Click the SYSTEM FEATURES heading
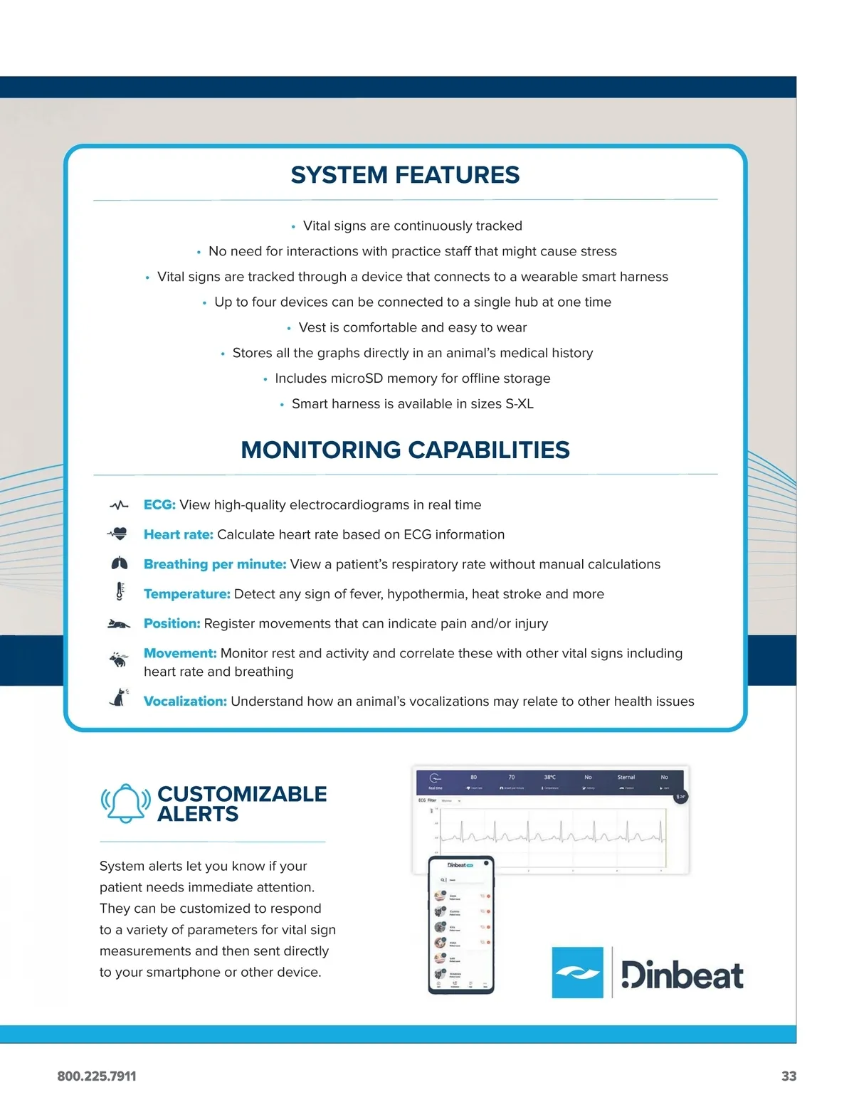[405, 175]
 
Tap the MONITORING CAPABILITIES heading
[405, 450]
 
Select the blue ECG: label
[159, 505]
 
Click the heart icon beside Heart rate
[118, 534]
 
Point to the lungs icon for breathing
[119, 563]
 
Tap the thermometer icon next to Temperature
[120, 591]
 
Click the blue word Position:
[172, 624]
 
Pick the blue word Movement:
[180, 653]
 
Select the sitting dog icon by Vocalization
[119, 698]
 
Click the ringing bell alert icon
[126, 803]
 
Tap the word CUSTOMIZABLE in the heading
[242, 794]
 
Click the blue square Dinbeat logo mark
[577, 972]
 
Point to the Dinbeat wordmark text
[682, 975]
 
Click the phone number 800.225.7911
[97, 1076]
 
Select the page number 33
[789, 1076]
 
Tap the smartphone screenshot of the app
[461, 924]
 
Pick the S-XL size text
[519, 404]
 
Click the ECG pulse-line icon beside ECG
[119, 505]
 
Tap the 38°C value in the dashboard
[549, 777]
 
